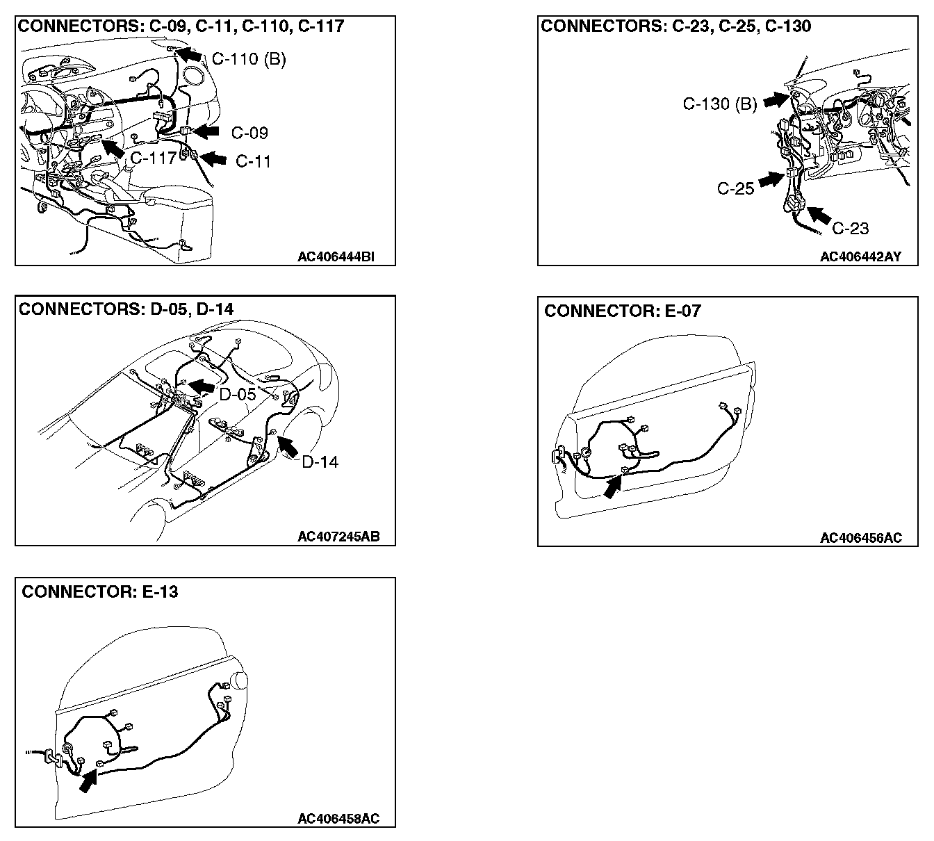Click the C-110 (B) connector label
[x=249, y=59]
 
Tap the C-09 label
[x=249, y=133]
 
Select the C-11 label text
[x=253, y=161]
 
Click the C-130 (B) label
[x=719, y=104]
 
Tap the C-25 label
[x=735, y=188]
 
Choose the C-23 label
[x=850, y=227]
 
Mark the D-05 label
[x=238, y=394]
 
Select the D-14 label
[x=320, y=462]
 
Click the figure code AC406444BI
[x=336, y=256]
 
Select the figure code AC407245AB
[x=338, y=537]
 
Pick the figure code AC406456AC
[x=860, y=537]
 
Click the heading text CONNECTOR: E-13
[x=99, y=591]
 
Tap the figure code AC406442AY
[x=860, y=256]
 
